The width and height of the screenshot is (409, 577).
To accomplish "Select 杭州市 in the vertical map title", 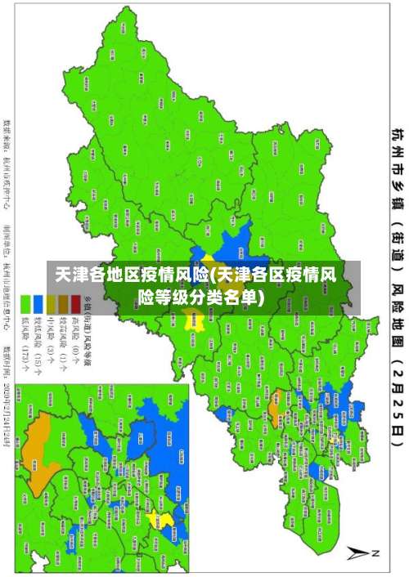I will (396, 147).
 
